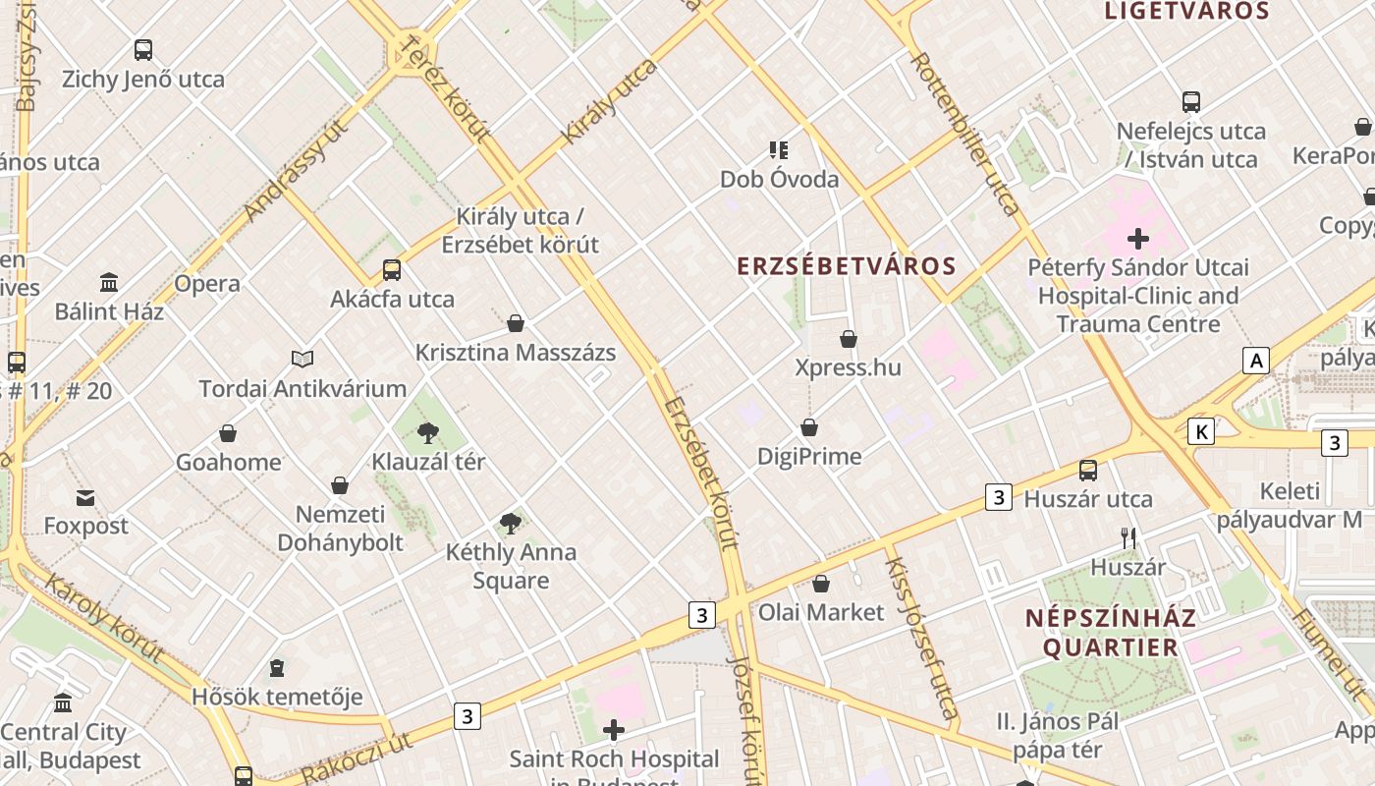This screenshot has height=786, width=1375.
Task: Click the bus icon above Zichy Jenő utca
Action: (143, 50)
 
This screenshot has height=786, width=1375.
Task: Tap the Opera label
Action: (207, 284)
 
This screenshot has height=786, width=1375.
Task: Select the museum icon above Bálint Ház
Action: (109, 283)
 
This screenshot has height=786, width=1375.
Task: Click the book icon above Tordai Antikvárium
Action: (302, 360)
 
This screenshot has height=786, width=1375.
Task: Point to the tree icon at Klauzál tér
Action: (428, 432)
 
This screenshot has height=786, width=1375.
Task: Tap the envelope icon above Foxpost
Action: (85, 498)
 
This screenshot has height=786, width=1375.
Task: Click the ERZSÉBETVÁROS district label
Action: (847, 266)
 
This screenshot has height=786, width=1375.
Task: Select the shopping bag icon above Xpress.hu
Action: (849, 340)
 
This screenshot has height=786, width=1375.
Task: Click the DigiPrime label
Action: (809, 456)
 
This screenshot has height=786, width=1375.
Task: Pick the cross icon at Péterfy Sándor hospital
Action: (1138, 238)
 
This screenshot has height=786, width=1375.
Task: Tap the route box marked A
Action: (1255, 361)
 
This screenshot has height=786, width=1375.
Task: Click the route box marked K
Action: (1200, 430)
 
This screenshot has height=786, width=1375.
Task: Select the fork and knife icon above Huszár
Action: (1128, 538)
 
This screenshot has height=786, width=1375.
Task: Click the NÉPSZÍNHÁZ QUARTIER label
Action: (1111, 633)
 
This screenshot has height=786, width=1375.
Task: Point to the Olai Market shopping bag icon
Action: (821, 584)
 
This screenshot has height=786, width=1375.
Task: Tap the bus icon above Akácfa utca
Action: (392, 270)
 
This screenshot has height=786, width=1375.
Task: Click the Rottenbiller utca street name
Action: (965, 134)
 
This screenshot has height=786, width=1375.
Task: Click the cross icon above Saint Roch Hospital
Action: (614, 730)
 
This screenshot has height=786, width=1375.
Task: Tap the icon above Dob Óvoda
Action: (779, 150)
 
